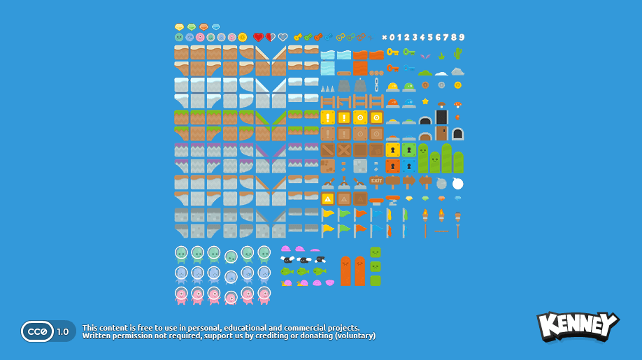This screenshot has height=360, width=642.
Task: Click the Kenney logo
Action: point(577,326)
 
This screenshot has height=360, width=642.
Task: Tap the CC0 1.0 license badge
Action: point(48,331)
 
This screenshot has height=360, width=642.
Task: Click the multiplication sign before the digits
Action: point(384,38)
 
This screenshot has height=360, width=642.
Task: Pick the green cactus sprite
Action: point(457,54)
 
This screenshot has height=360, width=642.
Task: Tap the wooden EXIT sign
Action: point(376,181)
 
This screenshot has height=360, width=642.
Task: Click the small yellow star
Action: point(425,101)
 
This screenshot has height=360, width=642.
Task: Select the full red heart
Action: point(258,38)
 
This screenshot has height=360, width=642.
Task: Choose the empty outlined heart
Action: point(283,38)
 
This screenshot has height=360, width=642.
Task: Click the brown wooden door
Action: point(441,133)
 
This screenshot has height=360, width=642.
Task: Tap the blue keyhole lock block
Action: point(409,166)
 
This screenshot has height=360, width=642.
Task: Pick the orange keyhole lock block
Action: point(393,166)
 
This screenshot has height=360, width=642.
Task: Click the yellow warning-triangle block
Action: point(327,199)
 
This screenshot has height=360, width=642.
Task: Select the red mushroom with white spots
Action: point(457,104)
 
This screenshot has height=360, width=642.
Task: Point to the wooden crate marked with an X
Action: point(343,150)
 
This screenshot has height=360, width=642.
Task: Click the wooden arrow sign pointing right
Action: point(409,182)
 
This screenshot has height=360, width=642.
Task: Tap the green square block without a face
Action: point(376,280)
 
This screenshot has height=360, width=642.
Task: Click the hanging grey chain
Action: point(376,85)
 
